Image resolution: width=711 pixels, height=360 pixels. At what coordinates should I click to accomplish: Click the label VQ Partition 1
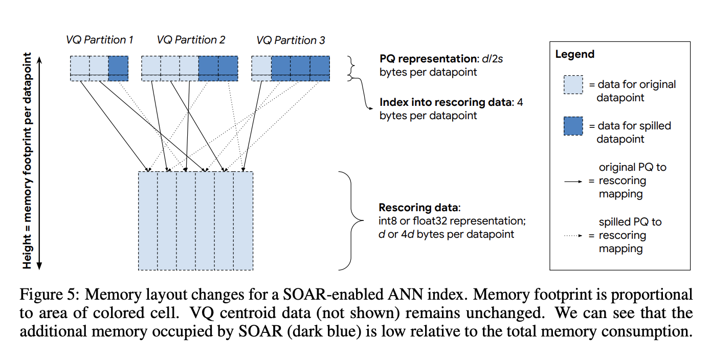pyautogui.click(x=100, y=40)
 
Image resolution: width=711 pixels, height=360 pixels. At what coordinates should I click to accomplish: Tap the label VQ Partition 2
pyautogui.click(x=191, y=40)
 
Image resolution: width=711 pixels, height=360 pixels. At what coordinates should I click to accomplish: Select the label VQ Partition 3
pyautogui.click(x=291, y=40)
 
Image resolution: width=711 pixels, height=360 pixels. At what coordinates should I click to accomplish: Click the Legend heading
pyautogui.click(x=575, y=54)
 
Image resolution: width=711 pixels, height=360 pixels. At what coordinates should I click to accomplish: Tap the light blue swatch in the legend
pyautogui.click(x=573, y=84)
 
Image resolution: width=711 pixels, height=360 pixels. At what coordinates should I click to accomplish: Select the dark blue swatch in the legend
pyautogui.click(x=573, y=126)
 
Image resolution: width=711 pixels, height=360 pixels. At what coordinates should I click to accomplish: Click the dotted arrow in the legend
pyautogui.click(x=573, y=236)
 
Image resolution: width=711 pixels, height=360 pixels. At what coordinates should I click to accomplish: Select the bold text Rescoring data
pyautogui.click(x=419, y=208)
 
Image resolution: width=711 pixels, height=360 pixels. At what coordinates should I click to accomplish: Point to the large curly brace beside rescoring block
pyautogui.click(x=350, y=220)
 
